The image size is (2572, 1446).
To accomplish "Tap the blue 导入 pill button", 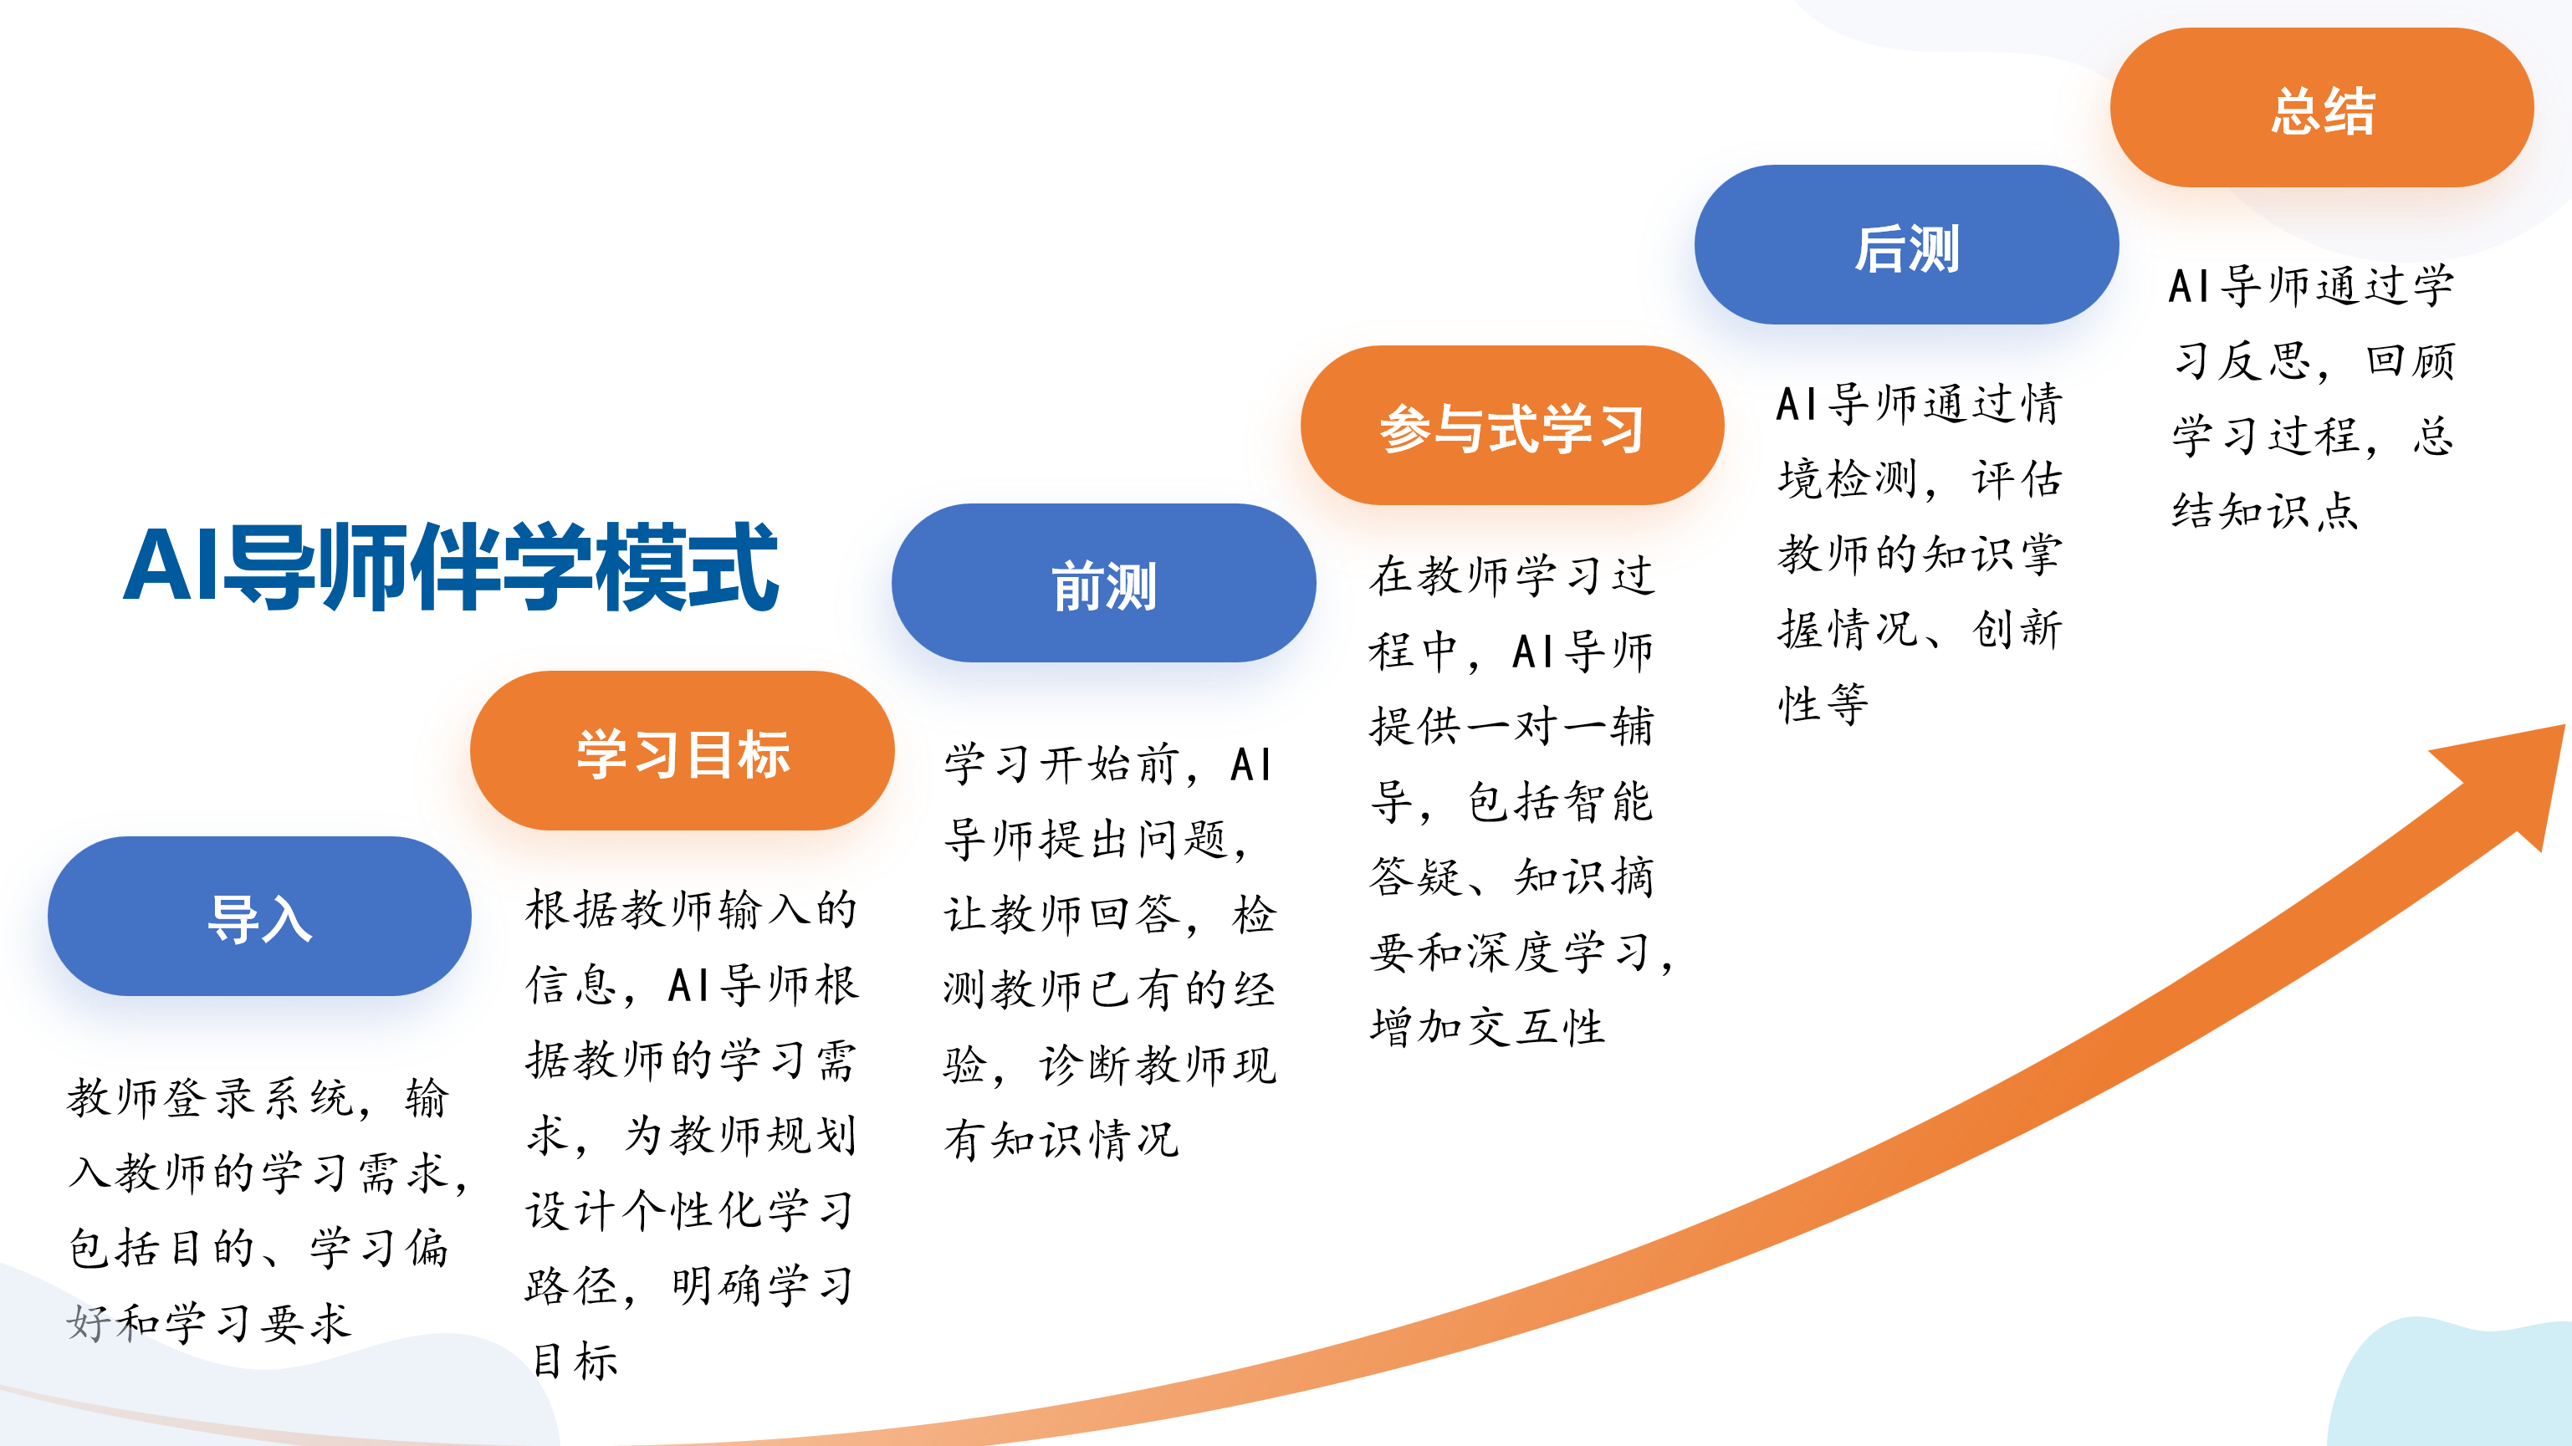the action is [259, 916].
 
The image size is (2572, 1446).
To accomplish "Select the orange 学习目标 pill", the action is [682, 751].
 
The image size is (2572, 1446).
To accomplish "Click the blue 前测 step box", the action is [1103, 583].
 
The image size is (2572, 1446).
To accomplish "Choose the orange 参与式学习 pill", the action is [1511, 426].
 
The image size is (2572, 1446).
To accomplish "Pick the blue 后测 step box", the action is [1906, 245].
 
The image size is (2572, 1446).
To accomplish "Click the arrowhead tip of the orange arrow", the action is [2563, 726].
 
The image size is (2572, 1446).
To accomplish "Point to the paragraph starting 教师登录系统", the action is [268, 1209].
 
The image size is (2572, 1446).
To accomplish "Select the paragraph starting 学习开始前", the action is [1109, 952].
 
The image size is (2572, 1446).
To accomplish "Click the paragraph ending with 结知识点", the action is [2313, 397].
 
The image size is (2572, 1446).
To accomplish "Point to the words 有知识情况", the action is [1061, 1139].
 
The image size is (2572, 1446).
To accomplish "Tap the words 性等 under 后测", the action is [1823, 705].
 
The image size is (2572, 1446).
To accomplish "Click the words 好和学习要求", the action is [208, 1323].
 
